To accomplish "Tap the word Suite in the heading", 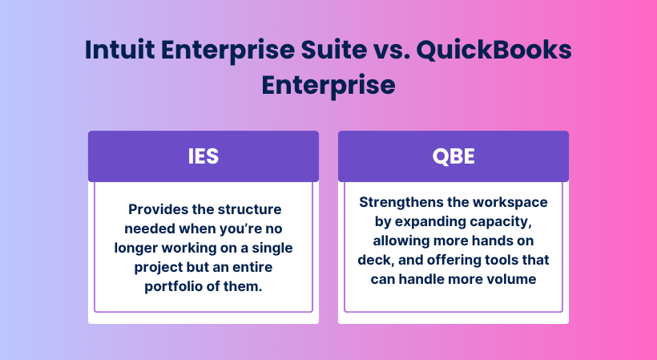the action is click(334, 50).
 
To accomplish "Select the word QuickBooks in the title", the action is click(494, 50).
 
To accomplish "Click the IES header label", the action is click(204, 156).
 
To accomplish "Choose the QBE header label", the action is click(453, 156).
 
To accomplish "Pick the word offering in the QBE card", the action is click(453, 261).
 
